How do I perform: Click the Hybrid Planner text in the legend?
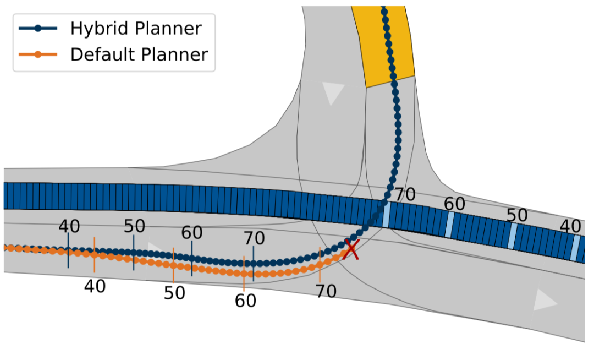(135, 28)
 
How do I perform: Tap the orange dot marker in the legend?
(37, 54)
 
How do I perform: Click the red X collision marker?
(351, 249)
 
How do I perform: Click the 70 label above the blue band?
(405, 194)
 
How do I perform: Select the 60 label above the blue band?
(455, 204)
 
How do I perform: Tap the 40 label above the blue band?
(571, 226)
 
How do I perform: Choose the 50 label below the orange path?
(174, 293)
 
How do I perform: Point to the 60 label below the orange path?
(245, 301)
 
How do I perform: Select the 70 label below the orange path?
(326, 291)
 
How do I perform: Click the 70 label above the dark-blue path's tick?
(254, 238)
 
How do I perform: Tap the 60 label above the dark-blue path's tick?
(192, 233)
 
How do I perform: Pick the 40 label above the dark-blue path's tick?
(69, 226)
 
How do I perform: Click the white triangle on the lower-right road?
(543, 300)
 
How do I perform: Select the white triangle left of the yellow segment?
(332, 92)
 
